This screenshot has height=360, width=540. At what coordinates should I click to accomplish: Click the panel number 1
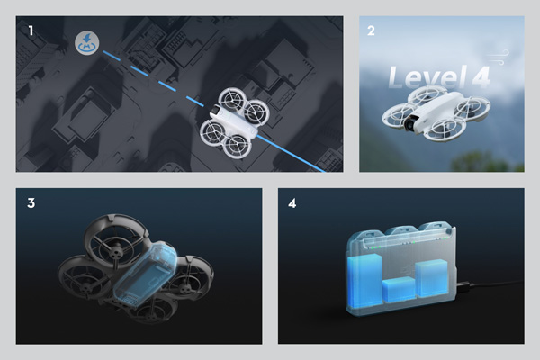click(x=31, y=30)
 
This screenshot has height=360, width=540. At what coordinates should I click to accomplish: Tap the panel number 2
click(x=372, y=30)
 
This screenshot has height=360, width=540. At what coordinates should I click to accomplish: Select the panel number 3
click(x=31, y=203)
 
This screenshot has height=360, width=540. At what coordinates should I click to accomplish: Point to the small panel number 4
click(x=292, y=203)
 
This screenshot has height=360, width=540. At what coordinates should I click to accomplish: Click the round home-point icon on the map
click(x=86, y=41)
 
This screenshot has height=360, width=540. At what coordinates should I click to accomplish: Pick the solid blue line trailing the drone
click(x=297, y=157)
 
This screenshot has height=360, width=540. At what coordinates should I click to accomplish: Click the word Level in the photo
click(x=423, y=78)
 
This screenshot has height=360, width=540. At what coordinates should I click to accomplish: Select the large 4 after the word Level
click(x=479, y=77)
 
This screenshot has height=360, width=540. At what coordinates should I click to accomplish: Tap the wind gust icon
click(x=503, y=55)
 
